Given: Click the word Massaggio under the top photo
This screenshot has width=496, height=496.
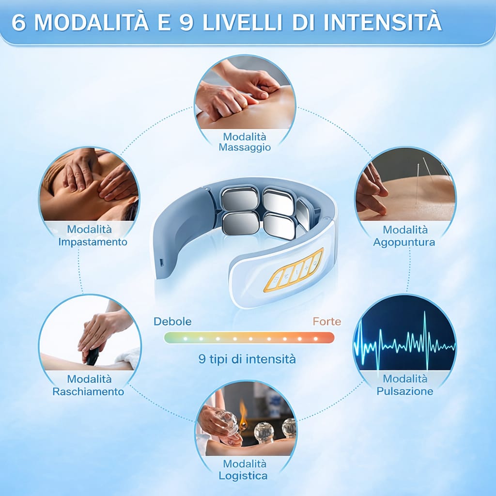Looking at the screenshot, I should pyautogui.click(x=245, y=147).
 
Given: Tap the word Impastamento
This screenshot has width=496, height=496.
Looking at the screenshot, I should pyautogui.click(x=93, y=241).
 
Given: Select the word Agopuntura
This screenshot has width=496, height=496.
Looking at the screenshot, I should pyautogui.click(x=404, y=242).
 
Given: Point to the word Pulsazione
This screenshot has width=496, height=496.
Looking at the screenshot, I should pyautogui.click(x=405, y=390).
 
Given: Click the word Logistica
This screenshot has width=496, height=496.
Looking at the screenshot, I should pyautogui.click(x=243, y=476).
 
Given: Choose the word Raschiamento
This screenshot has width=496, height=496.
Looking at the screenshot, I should pyautogui.click(x=88, y=391).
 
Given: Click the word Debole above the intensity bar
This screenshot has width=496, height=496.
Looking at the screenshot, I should pyautogui.click(x=172, y=321).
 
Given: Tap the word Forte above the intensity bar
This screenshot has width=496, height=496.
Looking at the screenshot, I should pyautogui.click(x=326, y=321).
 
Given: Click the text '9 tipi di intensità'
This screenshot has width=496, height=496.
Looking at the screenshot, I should pyautogui.click(x=247, y=359).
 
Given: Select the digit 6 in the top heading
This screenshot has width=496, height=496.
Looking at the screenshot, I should pyautogui.click(x=18, y=23).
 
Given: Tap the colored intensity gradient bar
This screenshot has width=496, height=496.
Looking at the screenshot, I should pyautogui.click(x=249, y=338).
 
